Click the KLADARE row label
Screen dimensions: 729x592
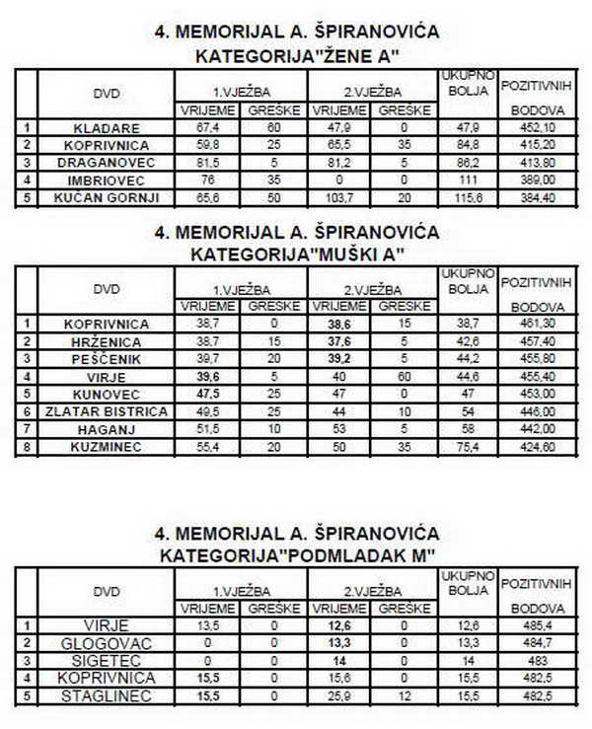(x=108, y=128)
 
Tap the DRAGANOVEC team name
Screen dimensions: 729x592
(x=108, y=162)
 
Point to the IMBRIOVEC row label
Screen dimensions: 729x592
(x=108, y=180)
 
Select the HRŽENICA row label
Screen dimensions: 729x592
(x=108, y=339)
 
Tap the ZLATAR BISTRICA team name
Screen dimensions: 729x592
(x=108, y=410)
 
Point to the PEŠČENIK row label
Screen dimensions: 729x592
(x=108, y=357)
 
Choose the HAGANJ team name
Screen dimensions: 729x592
(x=108, y=428)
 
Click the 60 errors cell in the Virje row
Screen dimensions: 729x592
(x=403, y=375)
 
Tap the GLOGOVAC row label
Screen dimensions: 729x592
(x=108, y=642)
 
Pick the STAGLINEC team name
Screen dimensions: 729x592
(x=108, y=695)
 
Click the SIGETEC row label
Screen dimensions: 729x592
(x=108, y=660)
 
